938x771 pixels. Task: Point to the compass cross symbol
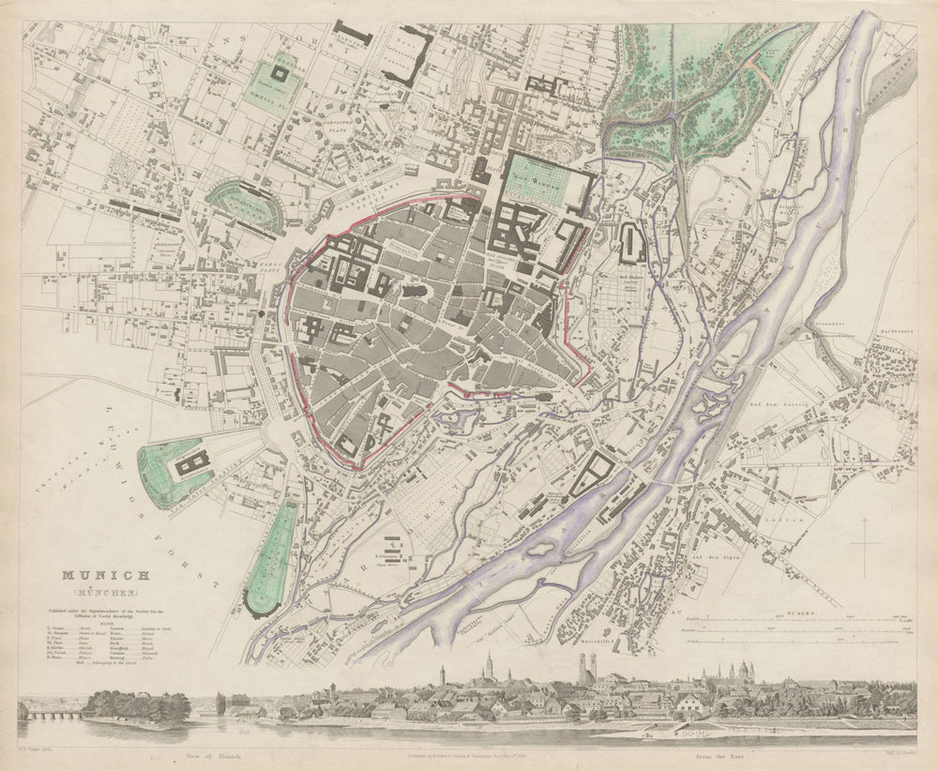pyautogui.click(x=865, y=544)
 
